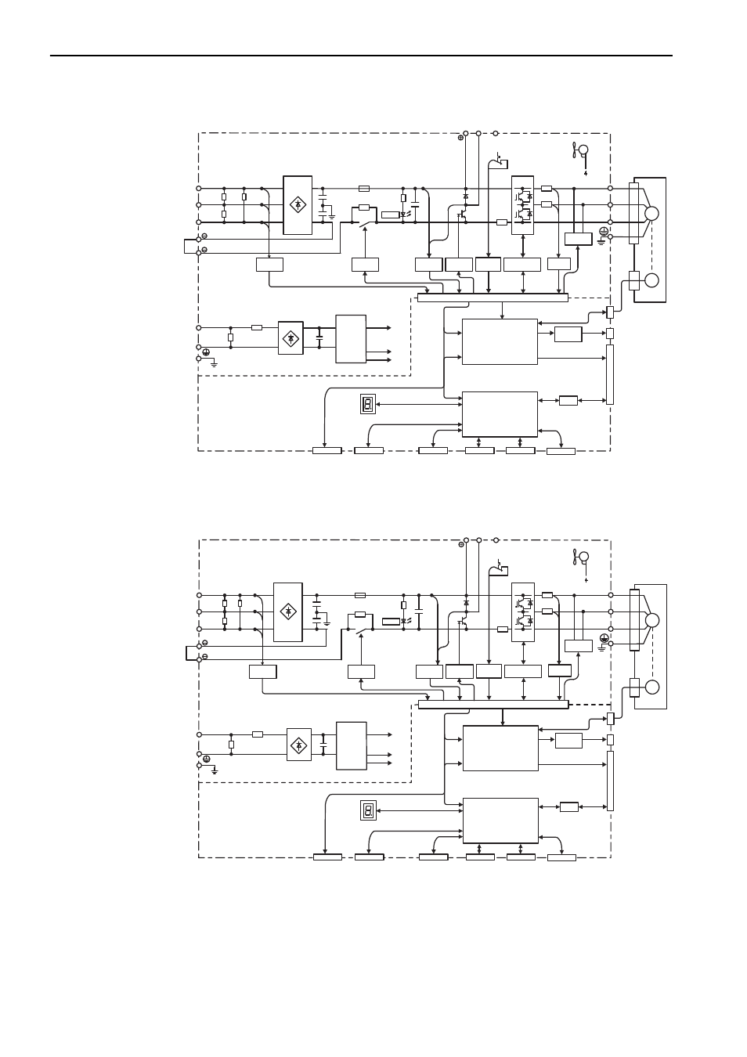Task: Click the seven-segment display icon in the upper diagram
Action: pyautogui.click(x=367, y=404)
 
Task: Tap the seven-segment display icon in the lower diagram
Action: pyautogui.click(x=368, y=810)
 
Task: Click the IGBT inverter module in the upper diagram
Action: pyautogui.click(x=522, y=205)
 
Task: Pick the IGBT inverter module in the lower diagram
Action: pyautogui.click(x=522, y=612)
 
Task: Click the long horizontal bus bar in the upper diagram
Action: pyautogui.click(x=492, y=298)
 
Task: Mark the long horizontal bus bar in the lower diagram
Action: pyautogui.click(x=493, y=705)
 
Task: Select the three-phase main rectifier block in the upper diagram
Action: pyautogui.click(x=298, y=205)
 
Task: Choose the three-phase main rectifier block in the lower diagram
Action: pyautogui.click(x=287, y=612)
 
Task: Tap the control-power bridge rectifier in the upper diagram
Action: pyautogui.click(x=290, y=338)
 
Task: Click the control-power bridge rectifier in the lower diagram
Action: pyautogui.click(x=298, y=745)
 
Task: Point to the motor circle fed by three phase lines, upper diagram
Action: pyautogui.click(x=651, y=213)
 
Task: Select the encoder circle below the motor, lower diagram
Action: pyautogui.click(x=651, y=687)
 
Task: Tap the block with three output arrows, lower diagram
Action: pyautogui.click(x=351, y=745)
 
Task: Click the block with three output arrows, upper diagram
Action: pyautogui.click(x=350, y=339)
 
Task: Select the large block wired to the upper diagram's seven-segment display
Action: pyautogui.click(x=500, y=413)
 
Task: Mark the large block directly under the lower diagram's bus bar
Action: pyautogui.click(x=500, y=748)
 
